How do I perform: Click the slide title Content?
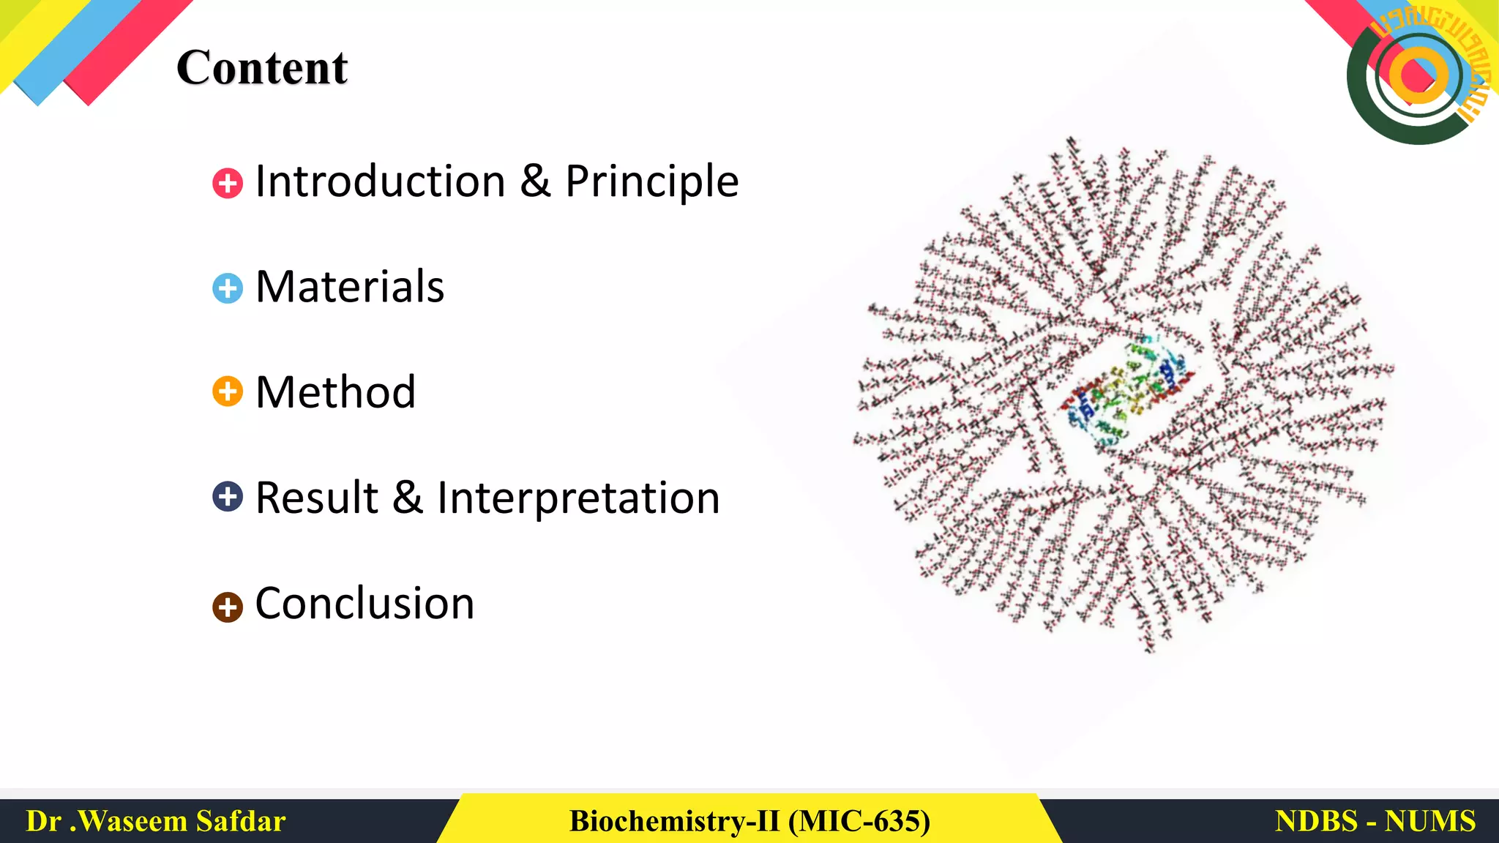click(x=262, y=67)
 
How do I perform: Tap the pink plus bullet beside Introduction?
click(x=228, y=183)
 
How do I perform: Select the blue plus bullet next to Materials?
click(x=228, y=288)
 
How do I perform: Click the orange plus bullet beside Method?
click(x=228, y=392)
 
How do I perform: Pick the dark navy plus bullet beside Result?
click(x=228, y=497)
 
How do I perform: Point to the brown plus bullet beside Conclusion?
click(x=228, y=607)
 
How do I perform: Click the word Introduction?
click(x=380, y=181)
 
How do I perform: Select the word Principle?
click(x=651, y=181)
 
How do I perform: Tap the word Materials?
click(x=350, y=287)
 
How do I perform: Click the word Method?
click(x=335, y=392)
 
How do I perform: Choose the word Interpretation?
click(x=578, y=498)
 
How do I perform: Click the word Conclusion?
click(x=365, y=604)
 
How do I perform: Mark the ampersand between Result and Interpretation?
click(x=408, y=498)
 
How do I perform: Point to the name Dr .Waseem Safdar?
click(x=156, y=821)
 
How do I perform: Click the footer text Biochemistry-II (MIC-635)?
click(x=749, y=821)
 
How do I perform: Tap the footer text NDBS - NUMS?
click(x=1375, y=821)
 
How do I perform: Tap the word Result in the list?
click(x=316, y=498)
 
